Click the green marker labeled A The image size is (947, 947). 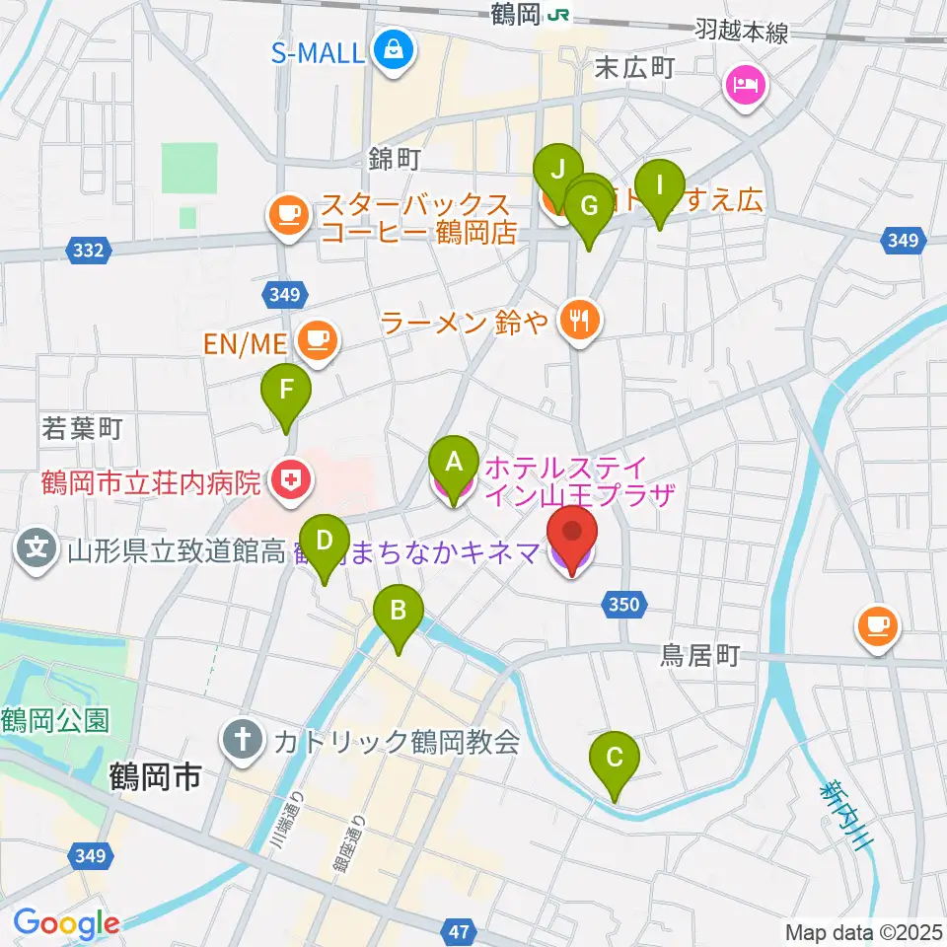point(453,462)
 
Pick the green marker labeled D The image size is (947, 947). point(324,542)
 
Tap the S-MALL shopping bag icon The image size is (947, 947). point(393,48)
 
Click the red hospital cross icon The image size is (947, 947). point(289,482)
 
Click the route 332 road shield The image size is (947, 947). point(88,252)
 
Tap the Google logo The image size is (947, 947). point(66,923)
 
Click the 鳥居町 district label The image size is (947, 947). point(699,657)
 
